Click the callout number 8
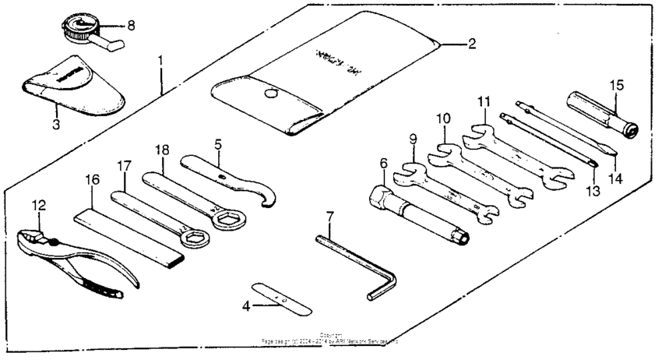point(131,25)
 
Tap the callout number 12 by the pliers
point(39,206)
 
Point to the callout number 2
point(471,44)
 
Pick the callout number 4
point(246,306)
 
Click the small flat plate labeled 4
point(282,298)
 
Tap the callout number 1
point(161,59)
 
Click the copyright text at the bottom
point(331,340)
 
